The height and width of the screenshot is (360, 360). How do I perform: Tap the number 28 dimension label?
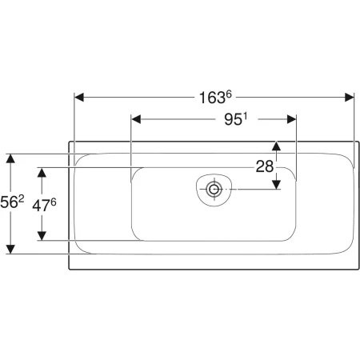[x=264, y=166]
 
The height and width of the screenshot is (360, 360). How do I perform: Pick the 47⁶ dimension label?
[x=44, y=204]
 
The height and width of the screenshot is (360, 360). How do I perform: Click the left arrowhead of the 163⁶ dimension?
[x=79, y=98]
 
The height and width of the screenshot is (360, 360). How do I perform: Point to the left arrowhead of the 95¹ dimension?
[x=135, y=120]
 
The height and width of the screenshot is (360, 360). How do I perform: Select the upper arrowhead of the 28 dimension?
[x=276, y=146]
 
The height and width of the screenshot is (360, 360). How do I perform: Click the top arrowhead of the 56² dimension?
[x=10, y=158]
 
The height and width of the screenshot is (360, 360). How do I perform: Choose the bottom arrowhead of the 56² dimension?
[x=10, y=249]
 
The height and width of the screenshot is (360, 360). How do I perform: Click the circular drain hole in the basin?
[x=214, y=190]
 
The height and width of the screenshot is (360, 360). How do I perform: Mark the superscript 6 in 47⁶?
[x=54, y=200]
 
